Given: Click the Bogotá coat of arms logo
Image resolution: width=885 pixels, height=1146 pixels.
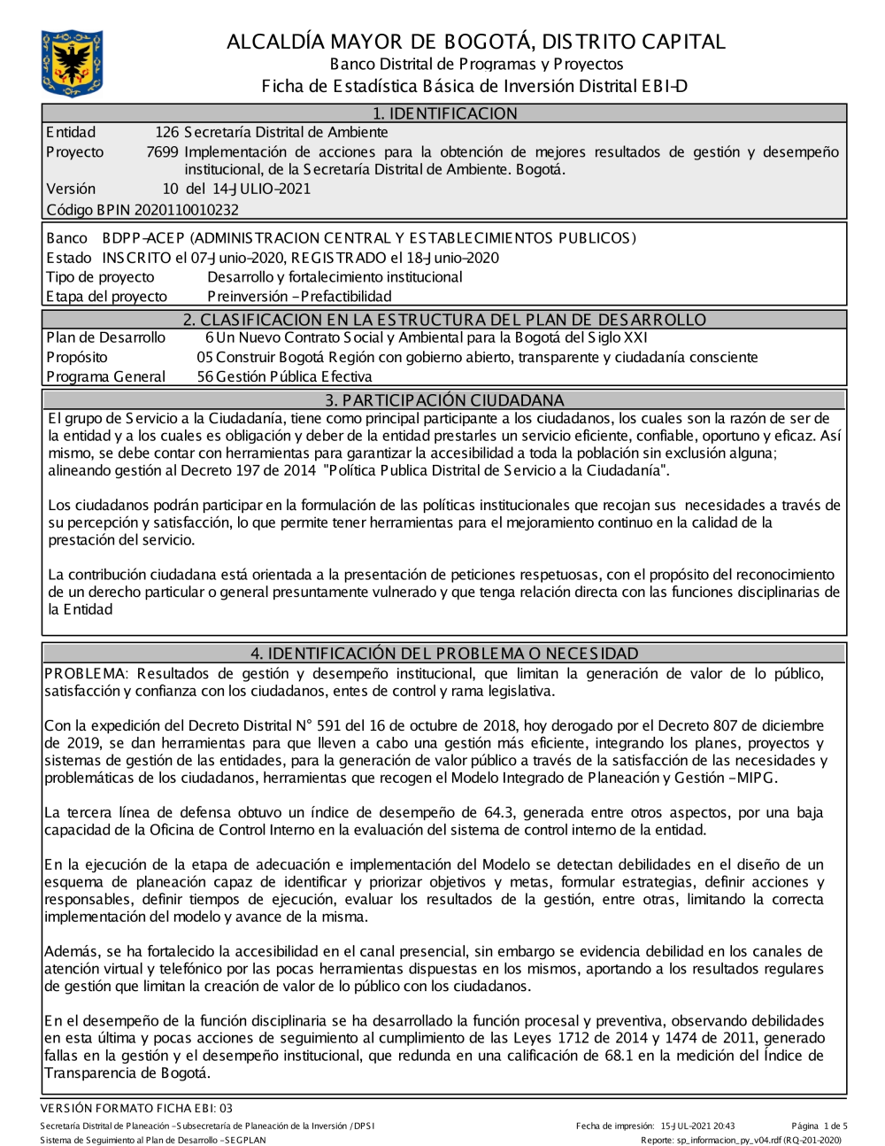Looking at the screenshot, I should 72,63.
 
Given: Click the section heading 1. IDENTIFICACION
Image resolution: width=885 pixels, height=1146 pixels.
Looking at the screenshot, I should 444,113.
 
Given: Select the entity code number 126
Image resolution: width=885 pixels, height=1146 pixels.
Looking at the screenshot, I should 167,132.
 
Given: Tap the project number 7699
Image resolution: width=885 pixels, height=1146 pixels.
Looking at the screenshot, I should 162,151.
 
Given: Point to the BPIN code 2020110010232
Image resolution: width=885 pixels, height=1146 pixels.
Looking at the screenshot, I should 186,210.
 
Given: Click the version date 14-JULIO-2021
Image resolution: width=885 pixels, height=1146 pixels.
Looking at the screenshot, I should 261,189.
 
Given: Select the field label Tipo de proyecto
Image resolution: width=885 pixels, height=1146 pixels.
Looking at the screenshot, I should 100,277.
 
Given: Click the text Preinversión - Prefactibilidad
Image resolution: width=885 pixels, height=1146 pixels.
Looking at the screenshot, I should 299,297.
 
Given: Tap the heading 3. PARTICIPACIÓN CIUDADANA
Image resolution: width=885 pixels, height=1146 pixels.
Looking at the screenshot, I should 444,399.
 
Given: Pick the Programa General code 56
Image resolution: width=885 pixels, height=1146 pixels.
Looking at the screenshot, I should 205,376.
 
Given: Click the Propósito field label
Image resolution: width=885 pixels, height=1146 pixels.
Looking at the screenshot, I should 77,357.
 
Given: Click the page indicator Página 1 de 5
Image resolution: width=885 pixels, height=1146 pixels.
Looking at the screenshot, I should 820,1126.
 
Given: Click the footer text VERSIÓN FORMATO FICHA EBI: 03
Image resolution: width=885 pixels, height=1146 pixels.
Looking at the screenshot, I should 137,1108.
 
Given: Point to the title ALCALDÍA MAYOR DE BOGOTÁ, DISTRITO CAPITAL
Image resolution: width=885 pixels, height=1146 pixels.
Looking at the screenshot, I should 476,42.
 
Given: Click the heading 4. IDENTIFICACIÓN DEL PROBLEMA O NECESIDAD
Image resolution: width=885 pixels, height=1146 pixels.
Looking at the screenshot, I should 444,654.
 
